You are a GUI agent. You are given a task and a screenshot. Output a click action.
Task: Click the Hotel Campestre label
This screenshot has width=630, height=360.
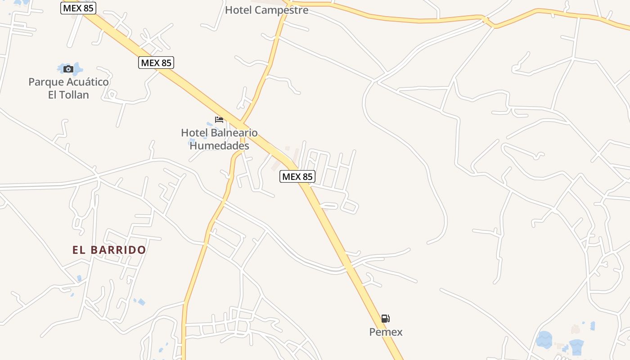coord(266,10)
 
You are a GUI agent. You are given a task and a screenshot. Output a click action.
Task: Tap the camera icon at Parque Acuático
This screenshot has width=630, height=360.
coord(68,69)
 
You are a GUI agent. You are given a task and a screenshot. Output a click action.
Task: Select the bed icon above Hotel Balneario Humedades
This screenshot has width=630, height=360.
coord(219,120)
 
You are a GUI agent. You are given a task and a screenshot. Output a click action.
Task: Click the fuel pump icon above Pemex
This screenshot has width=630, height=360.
coord(386,319)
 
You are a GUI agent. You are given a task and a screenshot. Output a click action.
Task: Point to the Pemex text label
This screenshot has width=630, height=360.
coord(386,332)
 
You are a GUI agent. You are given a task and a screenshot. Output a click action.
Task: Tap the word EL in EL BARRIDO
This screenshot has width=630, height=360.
coord(79,250)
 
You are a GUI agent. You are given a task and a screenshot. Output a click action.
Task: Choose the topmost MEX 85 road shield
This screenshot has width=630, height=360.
coord(78,8)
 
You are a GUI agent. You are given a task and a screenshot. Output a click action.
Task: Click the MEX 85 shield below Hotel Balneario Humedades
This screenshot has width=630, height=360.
coord(297,176)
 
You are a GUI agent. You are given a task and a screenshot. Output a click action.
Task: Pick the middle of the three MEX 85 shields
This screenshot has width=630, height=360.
coord(156,63)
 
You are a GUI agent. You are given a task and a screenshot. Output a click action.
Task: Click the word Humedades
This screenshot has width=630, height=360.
coord(219,146)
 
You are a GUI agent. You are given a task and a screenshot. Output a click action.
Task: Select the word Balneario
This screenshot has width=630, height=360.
coord(234,133)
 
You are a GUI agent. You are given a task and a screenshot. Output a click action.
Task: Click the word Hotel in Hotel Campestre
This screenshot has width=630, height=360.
coord(237,10)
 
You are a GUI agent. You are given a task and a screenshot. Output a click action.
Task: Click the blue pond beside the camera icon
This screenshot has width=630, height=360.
coord(77,68)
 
